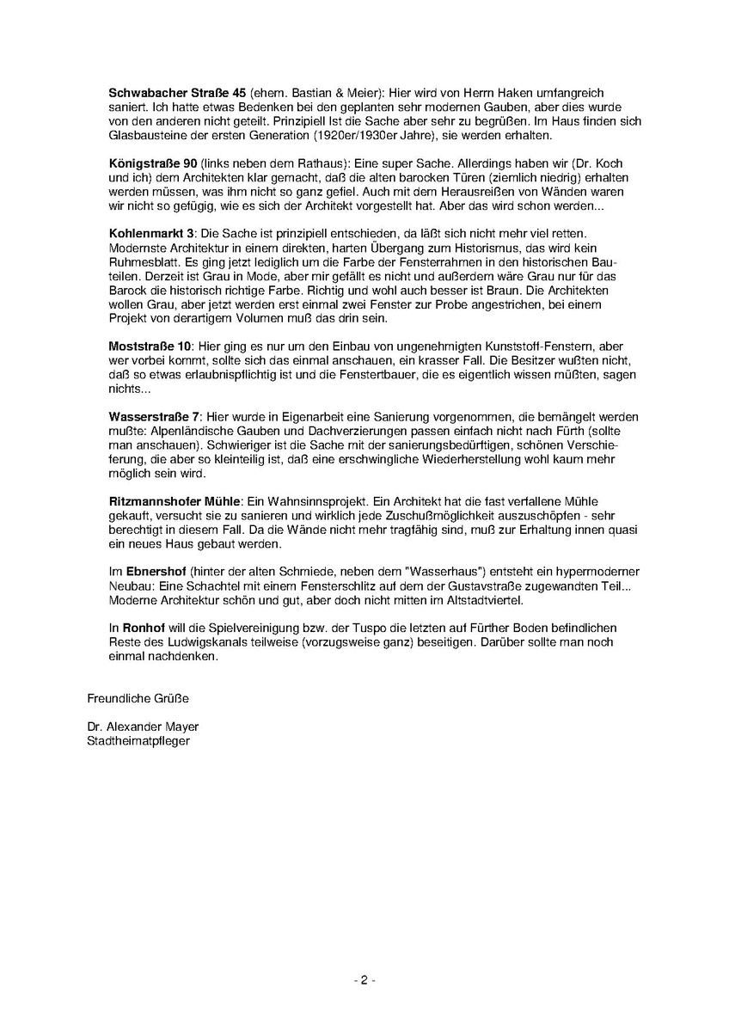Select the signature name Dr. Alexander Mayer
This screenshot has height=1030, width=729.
coord(143,727)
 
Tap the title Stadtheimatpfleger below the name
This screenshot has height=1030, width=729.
coord(138,740)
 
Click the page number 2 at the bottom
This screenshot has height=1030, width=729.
coord(364,979)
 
